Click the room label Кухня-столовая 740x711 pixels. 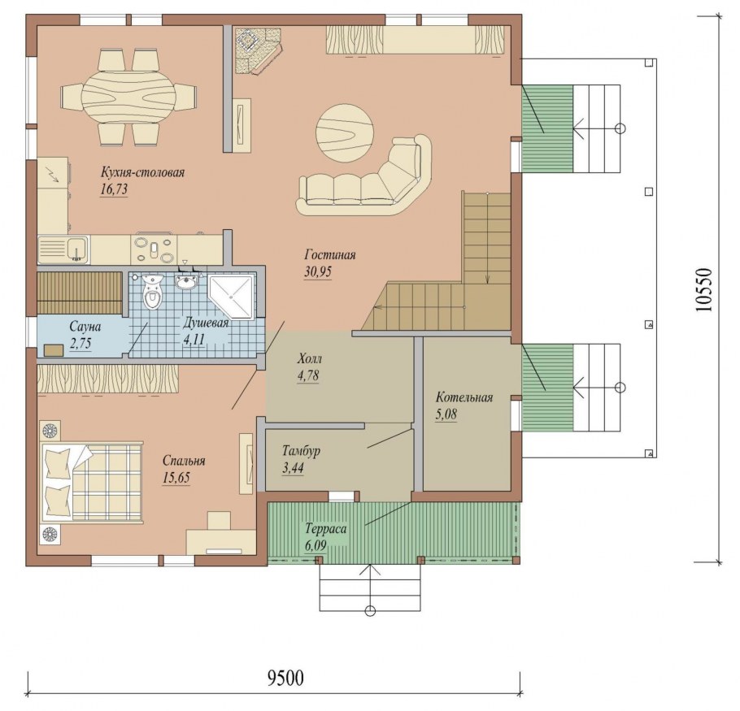(x=142, y=172)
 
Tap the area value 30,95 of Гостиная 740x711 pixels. (x=318, y=272)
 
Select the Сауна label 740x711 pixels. (x=85, y=327)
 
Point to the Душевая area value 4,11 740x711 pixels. (x=194, y=339)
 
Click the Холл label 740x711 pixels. (x=309, y=359)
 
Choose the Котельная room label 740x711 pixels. (x=464, y=397)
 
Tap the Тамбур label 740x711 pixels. (x=301, y=451)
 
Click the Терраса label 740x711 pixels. (x=325, y=528)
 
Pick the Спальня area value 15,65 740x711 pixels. (x=176, y=478)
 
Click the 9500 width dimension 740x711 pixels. (x=285, y=678)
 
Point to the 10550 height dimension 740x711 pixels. (x=703, y=290)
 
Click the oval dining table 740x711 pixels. (x=128, y=96)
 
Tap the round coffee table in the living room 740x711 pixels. (x=345, y=133)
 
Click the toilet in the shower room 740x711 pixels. (x=152, y=293)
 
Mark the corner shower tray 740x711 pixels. (x=232, y=296)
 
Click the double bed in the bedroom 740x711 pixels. (x=92, y=483)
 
